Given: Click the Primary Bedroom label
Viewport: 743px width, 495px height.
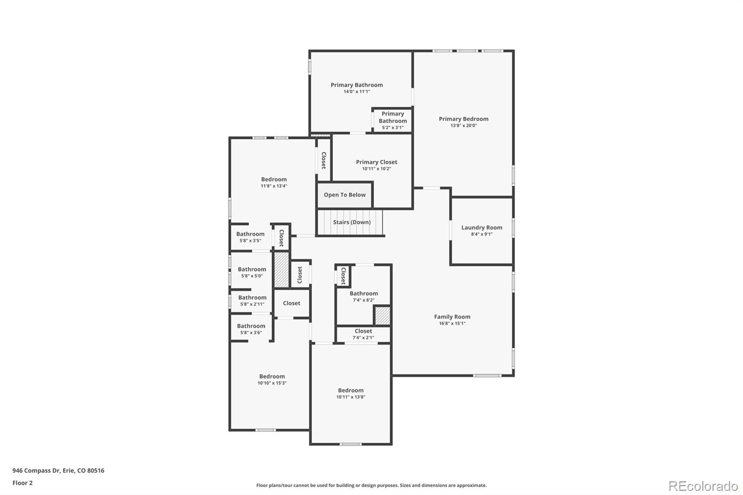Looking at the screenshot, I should tap(463, 119).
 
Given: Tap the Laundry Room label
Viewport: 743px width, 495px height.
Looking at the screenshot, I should tap(482, 228).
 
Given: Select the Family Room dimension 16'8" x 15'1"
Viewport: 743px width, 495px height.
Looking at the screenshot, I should tap(452, 323).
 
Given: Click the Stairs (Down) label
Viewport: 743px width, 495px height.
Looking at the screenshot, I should tap(352, 222).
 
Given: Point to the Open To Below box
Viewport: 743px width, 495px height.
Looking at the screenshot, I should tap(345, 195).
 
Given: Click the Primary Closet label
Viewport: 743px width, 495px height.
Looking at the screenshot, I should tap(376, 162).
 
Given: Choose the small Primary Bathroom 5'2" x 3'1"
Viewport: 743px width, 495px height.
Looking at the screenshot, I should tap(392, 120).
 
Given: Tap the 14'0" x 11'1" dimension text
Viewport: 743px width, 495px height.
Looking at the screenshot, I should tap(357, 91).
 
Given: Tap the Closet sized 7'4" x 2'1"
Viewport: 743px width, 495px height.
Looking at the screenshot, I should tap(363, 334).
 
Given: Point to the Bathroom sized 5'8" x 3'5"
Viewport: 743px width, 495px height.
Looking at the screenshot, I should tap(250, 237).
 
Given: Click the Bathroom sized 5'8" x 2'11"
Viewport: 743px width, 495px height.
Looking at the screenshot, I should tap(252, 300).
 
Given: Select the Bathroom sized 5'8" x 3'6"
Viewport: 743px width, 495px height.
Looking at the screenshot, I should tap(251, 329).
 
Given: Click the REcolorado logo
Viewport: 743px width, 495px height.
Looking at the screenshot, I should tap(703, 486).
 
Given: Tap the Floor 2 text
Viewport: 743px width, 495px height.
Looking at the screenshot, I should tap(22, 483).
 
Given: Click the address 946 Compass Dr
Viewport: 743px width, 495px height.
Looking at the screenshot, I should tap(58, 470).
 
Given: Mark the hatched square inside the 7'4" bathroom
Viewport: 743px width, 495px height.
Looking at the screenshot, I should tap(382, 316).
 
